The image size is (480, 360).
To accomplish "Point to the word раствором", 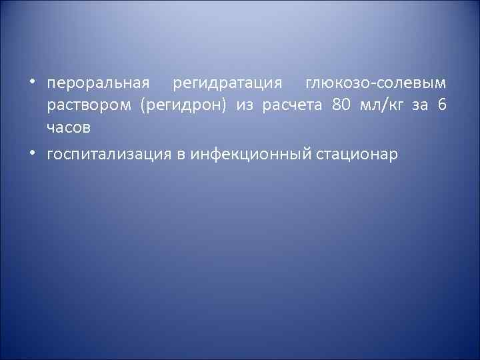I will pos(89,106).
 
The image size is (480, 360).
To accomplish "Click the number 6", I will pos(443,105).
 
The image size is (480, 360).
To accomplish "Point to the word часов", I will pos(69,127).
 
